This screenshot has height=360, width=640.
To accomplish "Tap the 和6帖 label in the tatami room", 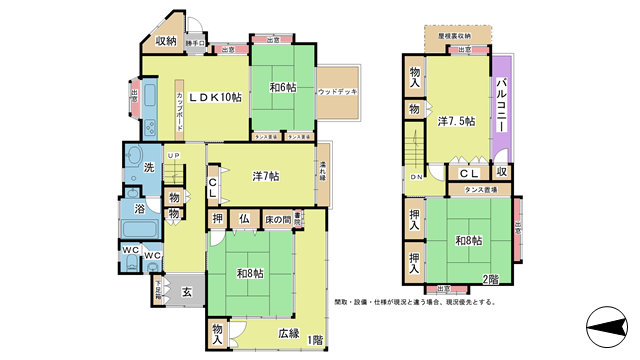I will coord(282,87).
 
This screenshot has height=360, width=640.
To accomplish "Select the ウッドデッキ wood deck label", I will coord(337,92).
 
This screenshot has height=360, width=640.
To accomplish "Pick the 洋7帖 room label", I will coord(265,176).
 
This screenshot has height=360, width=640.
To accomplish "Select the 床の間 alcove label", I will coord(277,219).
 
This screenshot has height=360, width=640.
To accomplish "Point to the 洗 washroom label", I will coord(148,168).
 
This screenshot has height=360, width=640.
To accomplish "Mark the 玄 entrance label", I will coord(186,292).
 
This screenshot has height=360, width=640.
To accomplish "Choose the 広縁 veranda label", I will coord(288,333).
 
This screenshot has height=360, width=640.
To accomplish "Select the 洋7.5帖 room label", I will coord(456,122).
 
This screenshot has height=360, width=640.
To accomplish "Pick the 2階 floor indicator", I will coord(492,278).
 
